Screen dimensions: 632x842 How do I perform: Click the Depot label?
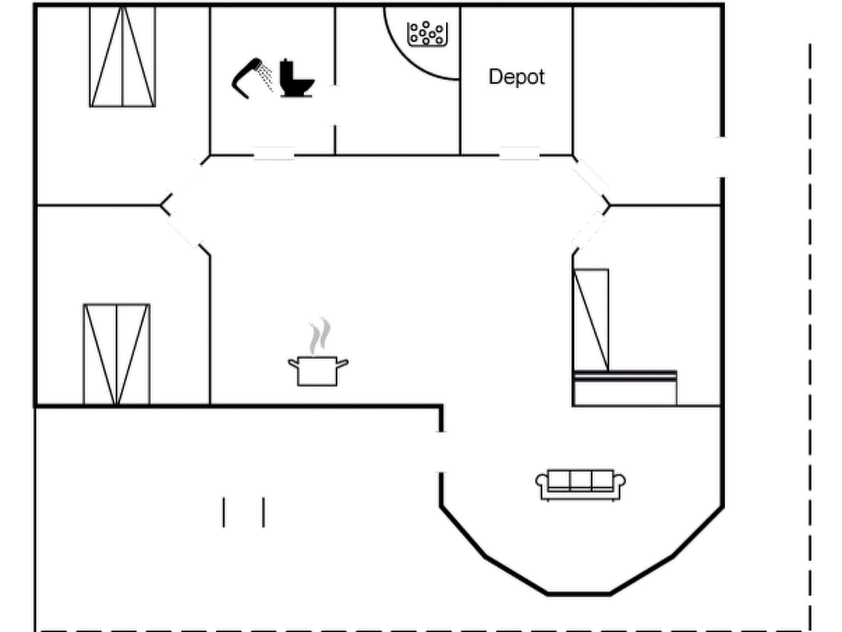[516, 77]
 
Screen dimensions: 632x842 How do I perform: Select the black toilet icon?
[296, 79]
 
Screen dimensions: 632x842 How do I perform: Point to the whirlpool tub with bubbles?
[427, 34]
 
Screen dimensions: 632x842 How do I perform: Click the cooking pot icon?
[318, 370]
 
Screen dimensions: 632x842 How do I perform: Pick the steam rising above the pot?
[320, 335]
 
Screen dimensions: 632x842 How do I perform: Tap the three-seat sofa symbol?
[580, 485]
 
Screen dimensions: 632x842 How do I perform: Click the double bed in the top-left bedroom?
[123, 57]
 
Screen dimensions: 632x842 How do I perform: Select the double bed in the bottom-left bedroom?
[117, 355]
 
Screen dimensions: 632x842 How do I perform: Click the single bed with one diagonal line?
[591, 320]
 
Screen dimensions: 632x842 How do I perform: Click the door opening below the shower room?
[274, 154]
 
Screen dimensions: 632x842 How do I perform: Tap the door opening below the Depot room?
[519, 154]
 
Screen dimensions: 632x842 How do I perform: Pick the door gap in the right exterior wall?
[722, 157]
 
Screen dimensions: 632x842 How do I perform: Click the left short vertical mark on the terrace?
[224, 512]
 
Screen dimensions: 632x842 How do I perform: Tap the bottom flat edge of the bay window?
[578, 594]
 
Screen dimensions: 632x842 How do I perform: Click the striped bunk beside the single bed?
[625, 388]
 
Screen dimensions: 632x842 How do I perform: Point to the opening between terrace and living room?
[441, 452]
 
